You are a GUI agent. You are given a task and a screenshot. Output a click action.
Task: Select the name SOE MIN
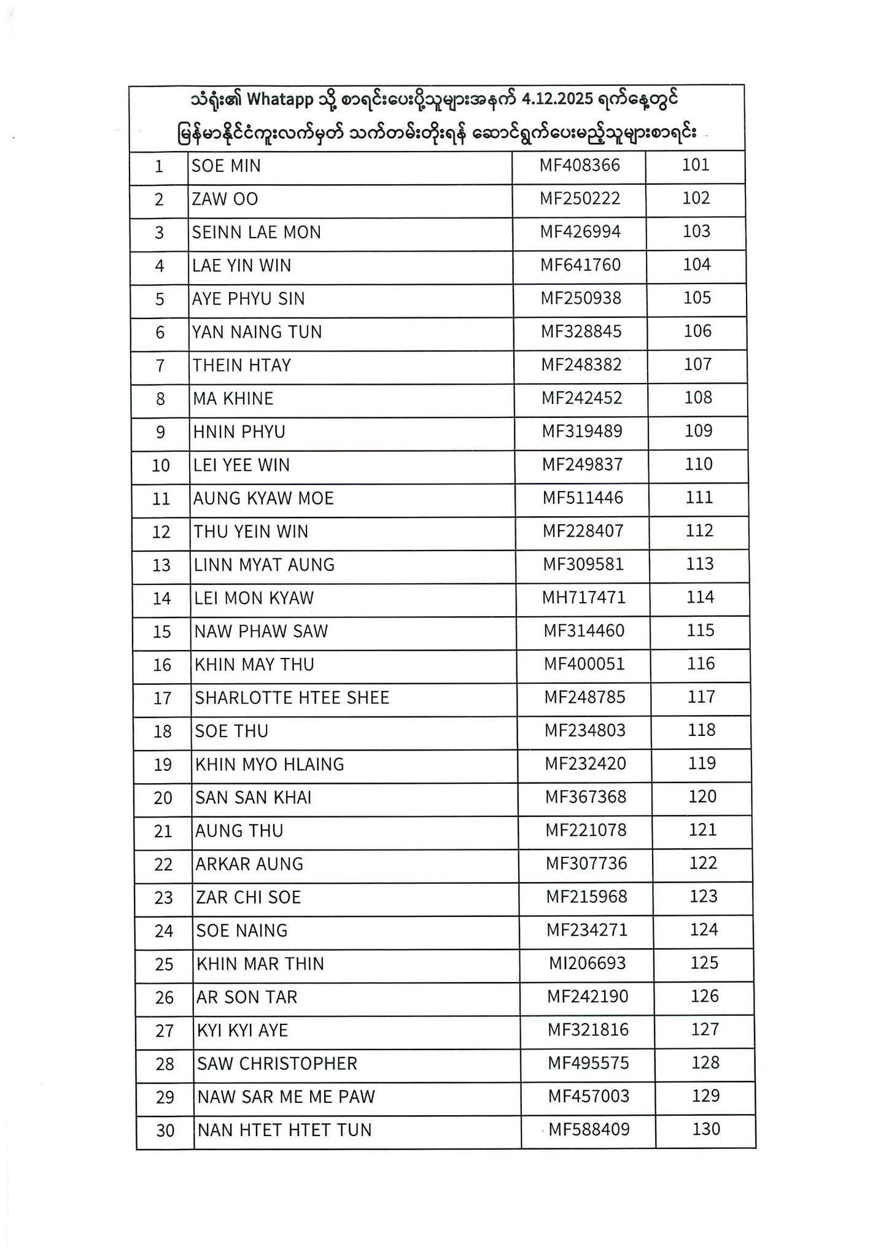click(226, 166)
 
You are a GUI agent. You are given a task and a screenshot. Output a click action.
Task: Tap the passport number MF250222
click(580, 198)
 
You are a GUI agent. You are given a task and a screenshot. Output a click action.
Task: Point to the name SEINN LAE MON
click(256, 232)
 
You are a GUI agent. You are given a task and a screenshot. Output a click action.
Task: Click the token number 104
click(697, 265)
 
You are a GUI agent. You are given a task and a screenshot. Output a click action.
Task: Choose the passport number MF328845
click(581, 331)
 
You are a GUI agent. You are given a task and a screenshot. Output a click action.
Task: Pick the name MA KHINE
click(233, 398)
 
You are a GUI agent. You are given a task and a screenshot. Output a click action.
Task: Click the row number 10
click(161, 465)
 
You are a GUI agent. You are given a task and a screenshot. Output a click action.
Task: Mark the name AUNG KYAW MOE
click(263, 498)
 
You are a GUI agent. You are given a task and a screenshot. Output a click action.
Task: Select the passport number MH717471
click(583, 598)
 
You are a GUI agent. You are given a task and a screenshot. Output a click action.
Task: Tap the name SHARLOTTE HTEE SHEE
click(292, 698)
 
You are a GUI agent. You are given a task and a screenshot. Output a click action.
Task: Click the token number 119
click(702, 763)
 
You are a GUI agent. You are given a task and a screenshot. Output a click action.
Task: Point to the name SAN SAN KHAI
click(253, 797)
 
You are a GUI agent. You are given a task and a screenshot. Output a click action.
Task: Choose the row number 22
click(163, 864)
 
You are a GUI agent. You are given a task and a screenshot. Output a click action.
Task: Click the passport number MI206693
click(587, 963)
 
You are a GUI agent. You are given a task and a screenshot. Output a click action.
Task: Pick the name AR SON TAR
click(246, 997)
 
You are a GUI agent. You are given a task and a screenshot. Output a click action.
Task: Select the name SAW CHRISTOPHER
click(276, 1063)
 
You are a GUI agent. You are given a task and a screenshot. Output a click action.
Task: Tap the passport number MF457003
click(588, 1096)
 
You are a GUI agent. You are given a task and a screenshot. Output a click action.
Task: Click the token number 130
click(706, 1129)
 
